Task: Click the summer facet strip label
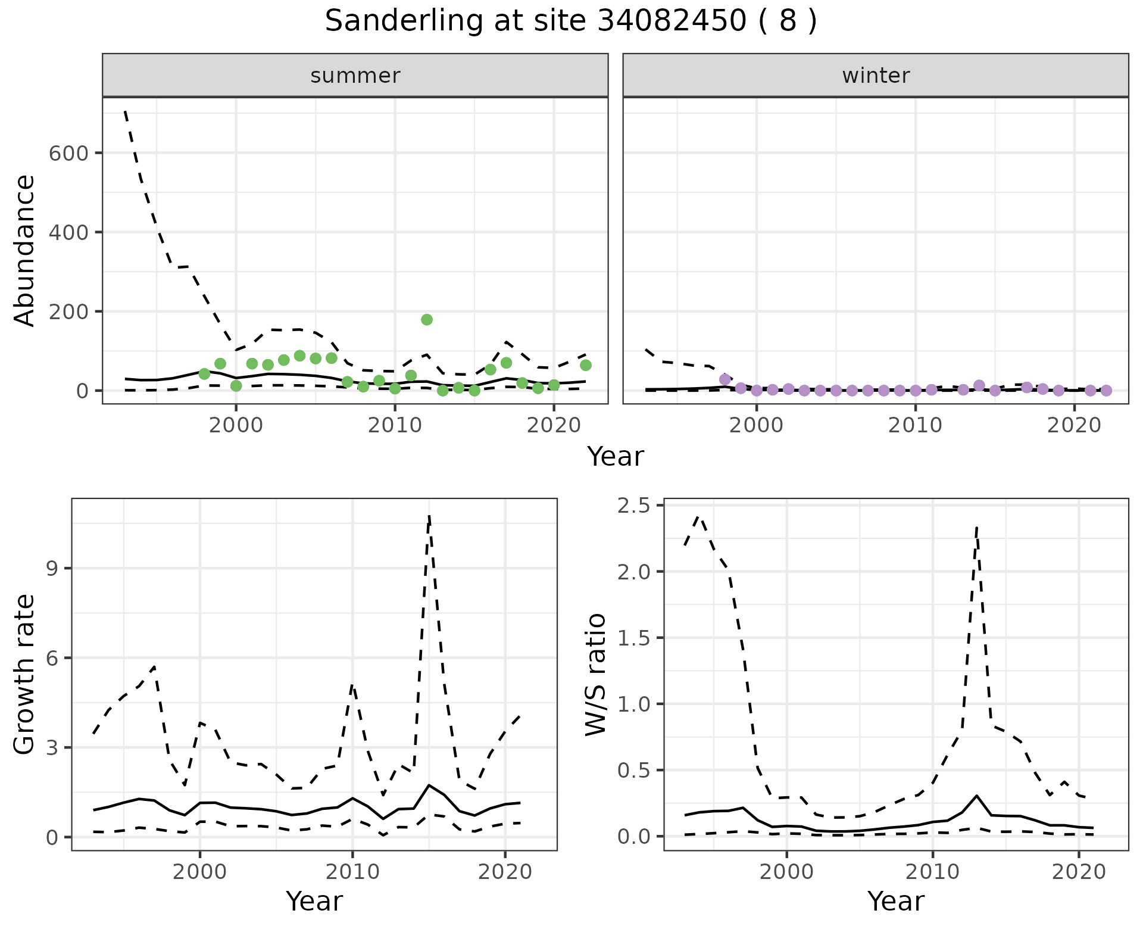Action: coord(355,76)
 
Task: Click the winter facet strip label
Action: coord(876,76)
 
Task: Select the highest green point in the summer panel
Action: coord(426,320)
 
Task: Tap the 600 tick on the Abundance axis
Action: coord(68,153)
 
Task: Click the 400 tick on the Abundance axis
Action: coord(68,232)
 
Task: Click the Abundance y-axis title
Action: coord(25,250)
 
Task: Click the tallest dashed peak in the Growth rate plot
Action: coord(429,516)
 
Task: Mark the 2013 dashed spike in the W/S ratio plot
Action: coord(977,528)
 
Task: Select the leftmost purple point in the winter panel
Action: coord(724,379)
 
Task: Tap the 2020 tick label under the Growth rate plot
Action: coord(505,872)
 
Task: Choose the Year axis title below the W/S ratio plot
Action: coord(895,901)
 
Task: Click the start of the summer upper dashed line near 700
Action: coord(125,111)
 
